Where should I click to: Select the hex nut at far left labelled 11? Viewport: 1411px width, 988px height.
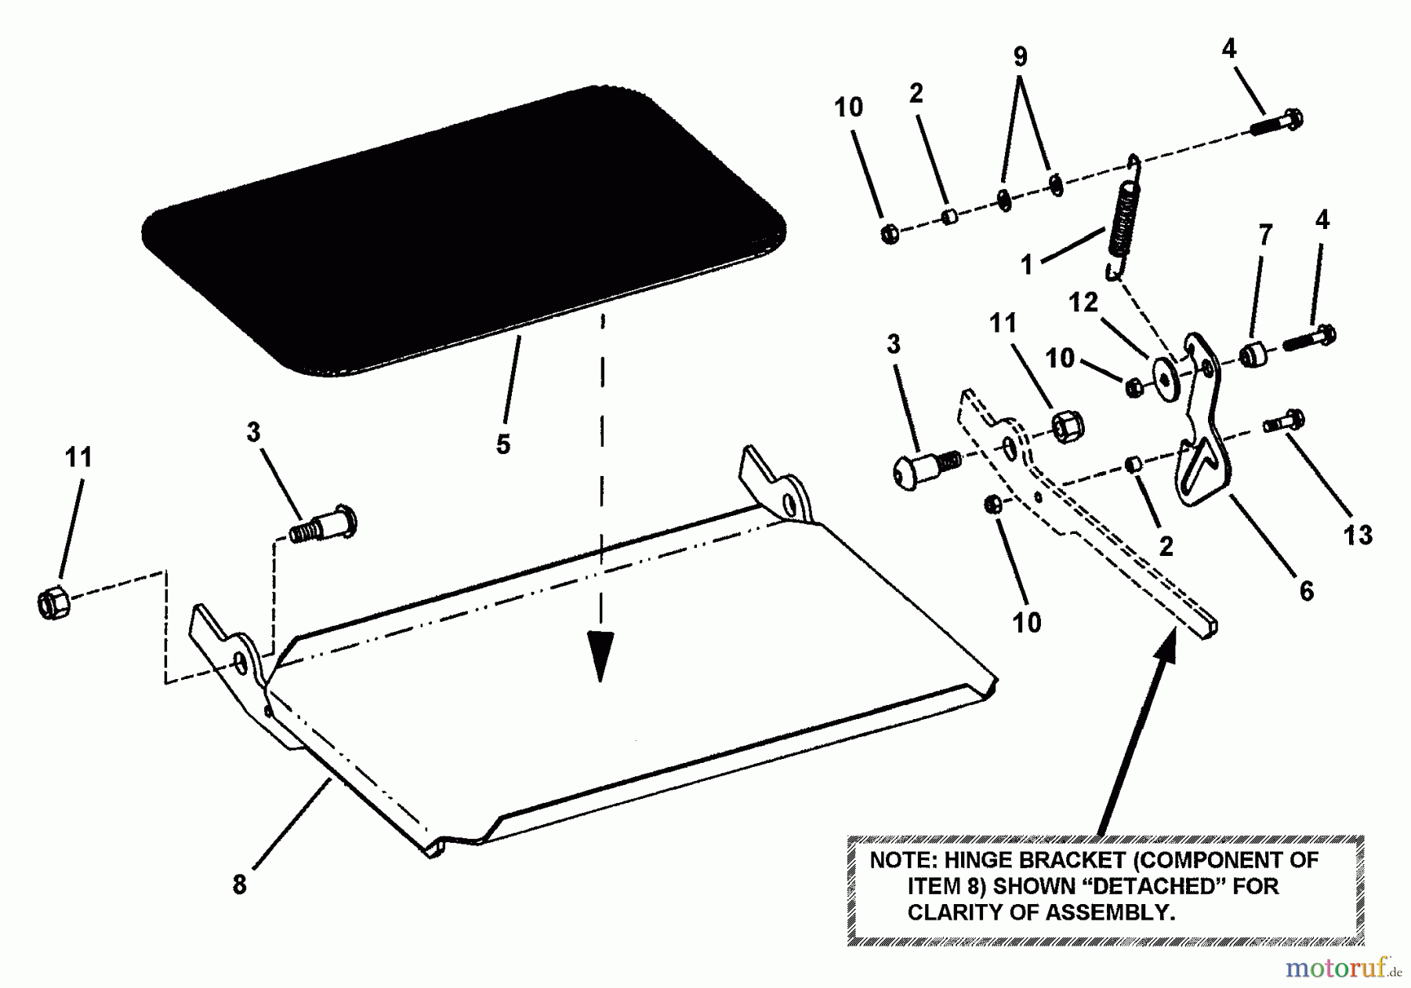[53, 603]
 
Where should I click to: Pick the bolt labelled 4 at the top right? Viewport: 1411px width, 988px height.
[1276, 122]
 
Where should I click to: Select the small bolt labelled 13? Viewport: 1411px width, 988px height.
[1284, 422]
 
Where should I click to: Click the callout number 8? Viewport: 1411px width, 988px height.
[240, 884]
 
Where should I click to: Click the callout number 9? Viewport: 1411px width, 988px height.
[1020, 57]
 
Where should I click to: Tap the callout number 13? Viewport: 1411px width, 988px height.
[1358, 536]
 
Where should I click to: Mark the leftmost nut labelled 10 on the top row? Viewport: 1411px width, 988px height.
[890, 233]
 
